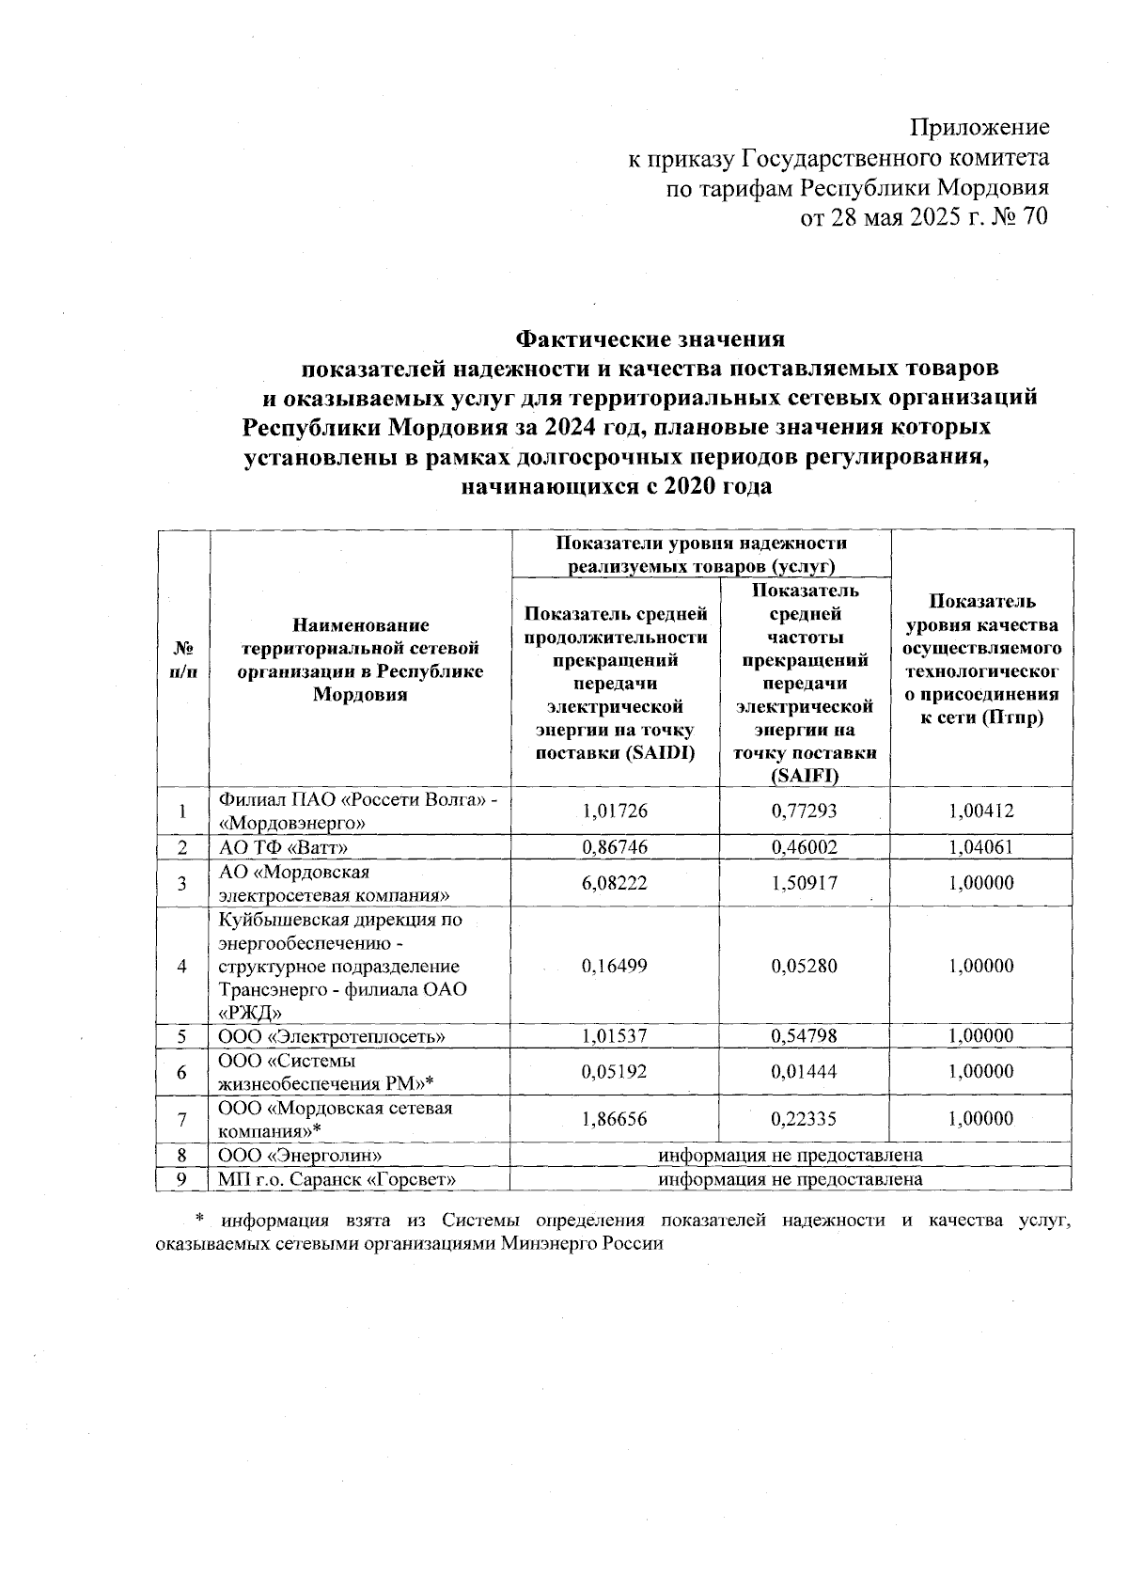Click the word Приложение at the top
point(981,127)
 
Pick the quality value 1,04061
point(981,847)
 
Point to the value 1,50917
point(804,883)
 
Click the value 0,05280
point(804,966)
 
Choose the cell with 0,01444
point(804,1072)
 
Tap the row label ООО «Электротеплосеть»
point(332,1036)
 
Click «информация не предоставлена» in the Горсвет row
point(790,1179)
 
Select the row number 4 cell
point(182,966)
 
